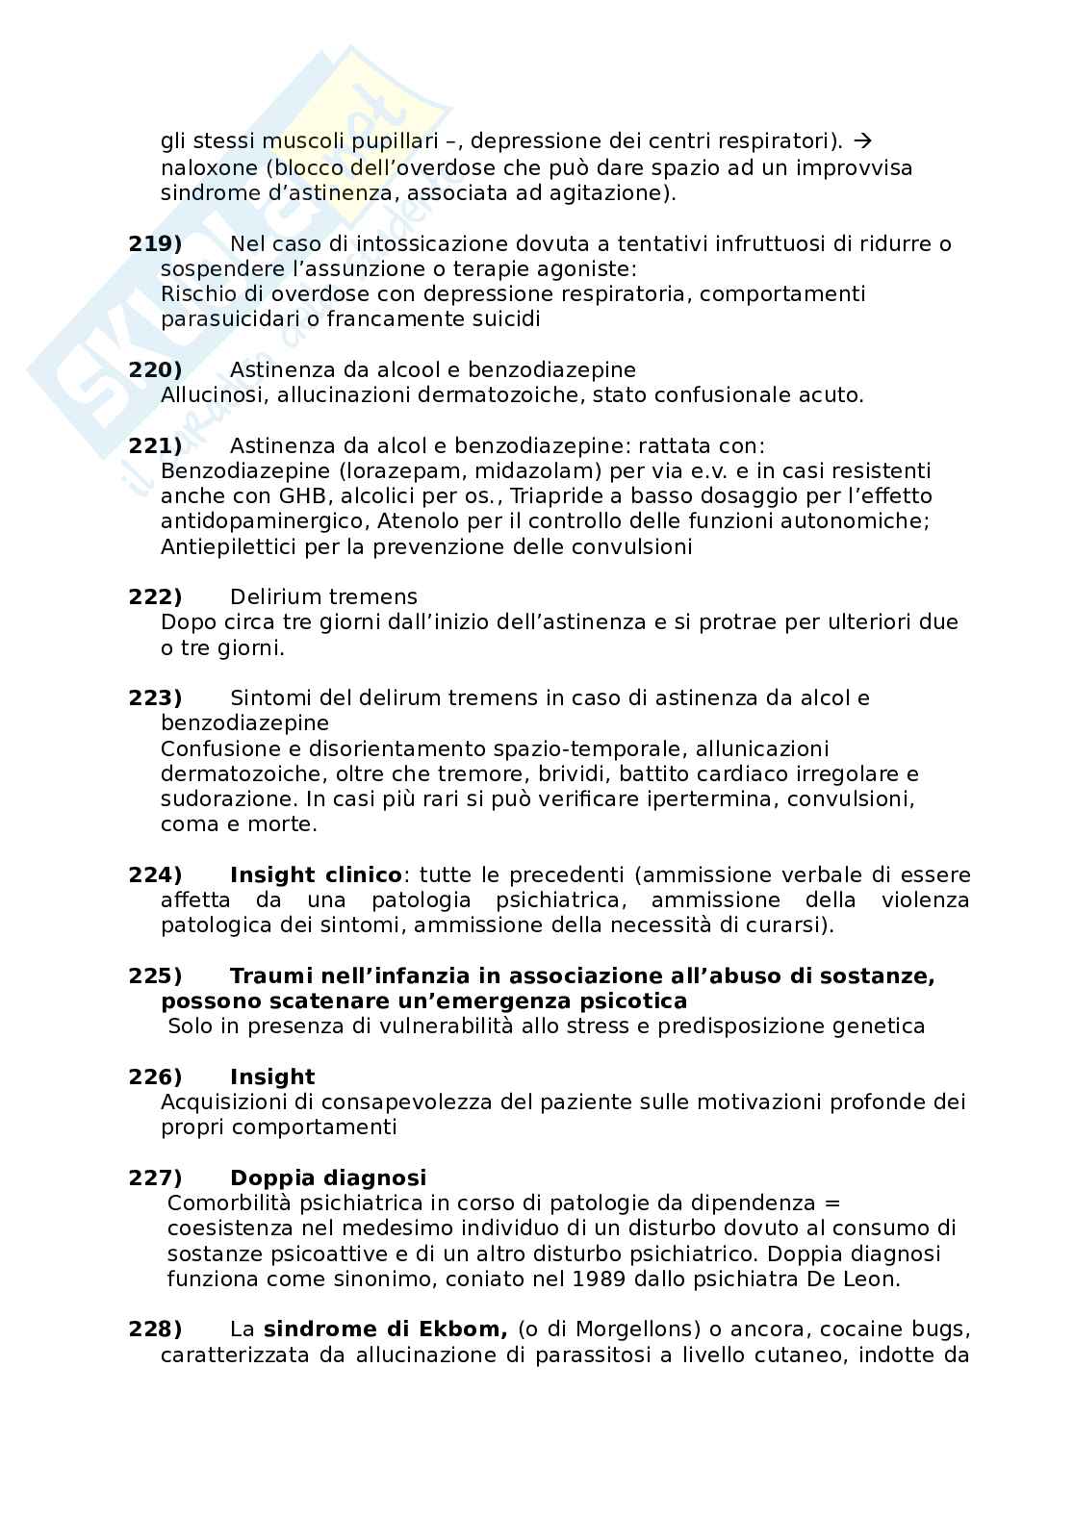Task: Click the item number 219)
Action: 155,243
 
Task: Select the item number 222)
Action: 155,596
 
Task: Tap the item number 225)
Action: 155,975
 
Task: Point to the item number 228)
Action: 155,1329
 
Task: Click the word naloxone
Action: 203,167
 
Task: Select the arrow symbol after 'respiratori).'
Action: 862,141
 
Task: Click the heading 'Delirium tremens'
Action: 323,596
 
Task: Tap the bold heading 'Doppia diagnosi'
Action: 328,1177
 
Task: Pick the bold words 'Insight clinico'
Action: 316,874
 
